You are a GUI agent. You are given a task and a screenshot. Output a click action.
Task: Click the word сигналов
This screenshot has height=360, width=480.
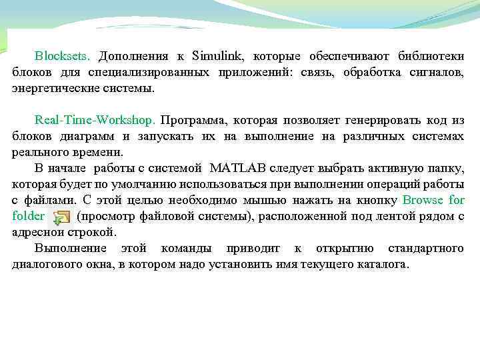coord(437,72)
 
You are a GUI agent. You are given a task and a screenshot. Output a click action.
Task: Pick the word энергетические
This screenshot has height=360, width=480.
coord(52,88)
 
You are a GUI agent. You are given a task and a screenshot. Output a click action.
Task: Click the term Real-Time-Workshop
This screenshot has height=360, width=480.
coord(95,121)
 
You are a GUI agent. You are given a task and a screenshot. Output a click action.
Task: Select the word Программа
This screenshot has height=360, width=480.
coord(193,121)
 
